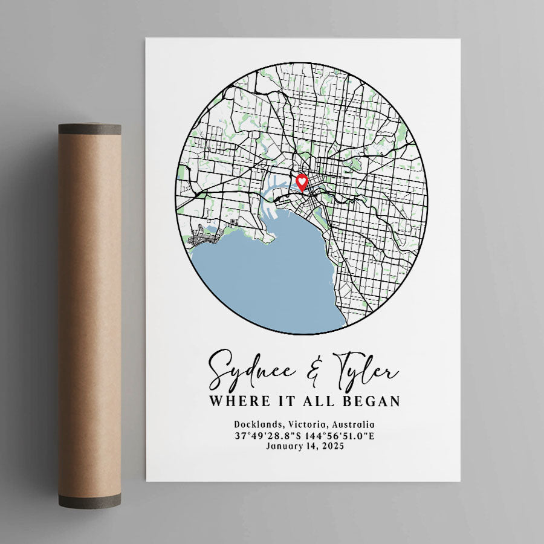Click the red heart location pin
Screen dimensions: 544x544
tap(302, 181)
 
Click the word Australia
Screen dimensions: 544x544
tap(351, 425)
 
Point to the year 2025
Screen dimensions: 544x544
tap(332, 447)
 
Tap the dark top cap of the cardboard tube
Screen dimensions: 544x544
tap(89, 129)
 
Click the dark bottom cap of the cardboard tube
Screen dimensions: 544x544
tap(89, 500)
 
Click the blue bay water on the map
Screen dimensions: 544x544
tap(272, 278)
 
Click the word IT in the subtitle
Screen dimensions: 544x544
tap(282, 401)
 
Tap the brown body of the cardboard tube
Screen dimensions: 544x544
tap(89, 314)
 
